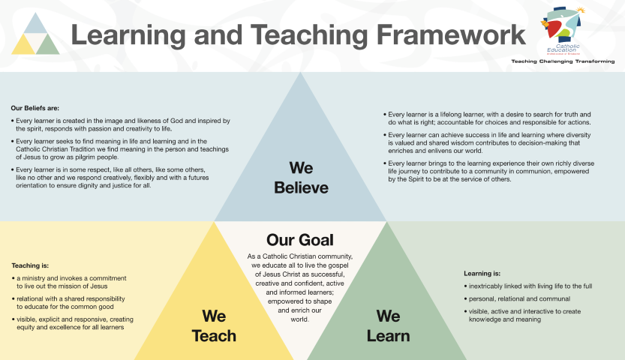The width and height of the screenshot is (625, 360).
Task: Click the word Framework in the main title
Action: coord(451,34)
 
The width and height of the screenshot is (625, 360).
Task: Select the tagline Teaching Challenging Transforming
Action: coord(563,61)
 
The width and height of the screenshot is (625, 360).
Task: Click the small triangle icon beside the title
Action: coord(35,34)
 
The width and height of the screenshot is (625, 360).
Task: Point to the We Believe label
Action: coord(301,178)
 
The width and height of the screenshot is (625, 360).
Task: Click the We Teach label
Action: coord(214,325)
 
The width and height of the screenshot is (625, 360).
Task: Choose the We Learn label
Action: coord(388,325)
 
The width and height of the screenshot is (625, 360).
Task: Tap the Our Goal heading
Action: coord(300,240)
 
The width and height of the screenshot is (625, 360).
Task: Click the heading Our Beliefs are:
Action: coord(35,108)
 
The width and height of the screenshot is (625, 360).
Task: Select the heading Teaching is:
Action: coord(30,265)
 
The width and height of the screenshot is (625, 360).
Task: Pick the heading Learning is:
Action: coord(482,274)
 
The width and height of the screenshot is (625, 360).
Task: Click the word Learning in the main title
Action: coord(128,35)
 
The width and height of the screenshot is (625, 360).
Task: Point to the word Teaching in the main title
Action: coord(308,35)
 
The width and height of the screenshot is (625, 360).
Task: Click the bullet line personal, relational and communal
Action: coord(519,298)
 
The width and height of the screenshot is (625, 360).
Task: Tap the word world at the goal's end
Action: coord(299,319)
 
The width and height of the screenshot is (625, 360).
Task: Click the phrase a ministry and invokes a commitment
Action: coord(71,278)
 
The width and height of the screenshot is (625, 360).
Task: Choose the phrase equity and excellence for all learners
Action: coord(71,327)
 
